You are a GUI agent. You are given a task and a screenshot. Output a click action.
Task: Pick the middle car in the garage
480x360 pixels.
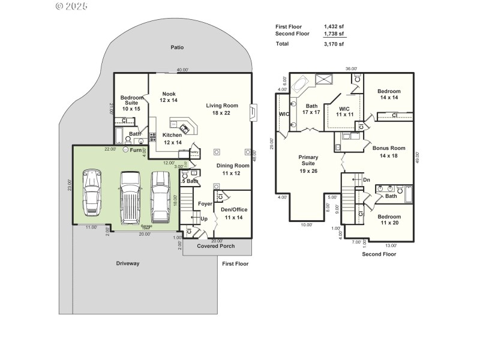click(x=130, y=196)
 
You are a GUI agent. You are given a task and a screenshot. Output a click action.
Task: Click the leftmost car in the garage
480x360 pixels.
click(x=91, y=193)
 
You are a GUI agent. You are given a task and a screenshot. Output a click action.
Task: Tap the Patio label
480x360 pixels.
click(x=176, y=47)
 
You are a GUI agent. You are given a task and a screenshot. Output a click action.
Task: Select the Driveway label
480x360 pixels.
click(x=127, y=263)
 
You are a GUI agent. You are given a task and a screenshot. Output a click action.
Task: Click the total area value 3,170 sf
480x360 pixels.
click(x=334, y=44)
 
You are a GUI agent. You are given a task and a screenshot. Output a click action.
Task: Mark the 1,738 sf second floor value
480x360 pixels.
click(x=334, y=34)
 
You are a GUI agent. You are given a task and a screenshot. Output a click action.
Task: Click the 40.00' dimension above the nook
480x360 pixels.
click(x=182, y=70)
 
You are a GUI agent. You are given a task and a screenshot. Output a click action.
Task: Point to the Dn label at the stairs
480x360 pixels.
click(x=367, y=179)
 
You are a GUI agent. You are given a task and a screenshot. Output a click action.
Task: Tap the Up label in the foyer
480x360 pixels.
click(x=204, y=219)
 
